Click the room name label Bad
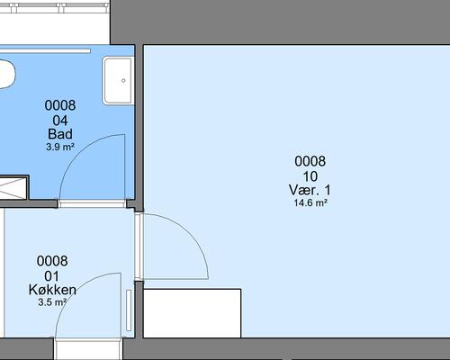click(x=60, y=134)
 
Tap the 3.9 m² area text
click(x=60, y=147)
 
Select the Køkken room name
click(x=52, y=290)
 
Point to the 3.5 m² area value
click(x=52, y=302)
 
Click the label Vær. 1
click(x=310, y=190)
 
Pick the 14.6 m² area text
click(x=310, y=202)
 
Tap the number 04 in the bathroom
click(x=60, y=121)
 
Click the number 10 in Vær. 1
click(x=310, y=176)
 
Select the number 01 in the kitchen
click(x=51, y=276)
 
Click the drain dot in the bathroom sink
click(x=123, y=80)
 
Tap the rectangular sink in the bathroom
click(x=118, y=81)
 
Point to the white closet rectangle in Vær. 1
click(x=192, y=313)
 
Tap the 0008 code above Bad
click(x=60, y=105)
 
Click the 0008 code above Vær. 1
click(x=310, y=161)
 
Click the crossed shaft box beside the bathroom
click(x=13, y=188)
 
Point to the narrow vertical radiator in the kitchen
click(x=129, y=310)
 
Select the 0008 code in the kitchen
click(x=52, y=261)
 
